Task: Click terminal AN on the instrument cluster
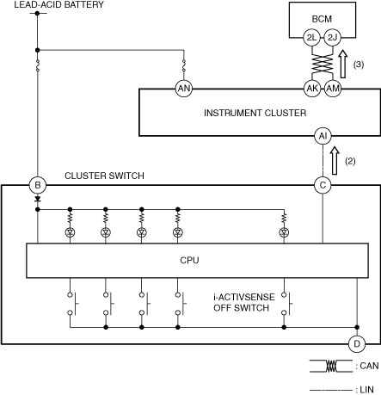pos(184,89)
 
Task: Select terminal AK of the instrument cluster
pos(312,89)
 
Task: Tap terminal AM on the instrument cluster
pos(333,89)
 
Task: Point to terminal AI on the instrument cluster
pos(323,136)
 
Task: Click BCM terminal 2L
pos(311,37)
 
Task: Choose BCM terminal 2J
pos(332,37)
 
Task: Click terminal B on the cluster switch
pos(38,185)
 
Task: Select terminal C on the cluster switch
pos(323,185)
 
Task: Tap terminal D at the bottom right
pos(357,343)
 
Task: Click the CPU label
pos(189,260)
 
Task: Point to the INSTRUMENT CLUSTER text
pos(255,113)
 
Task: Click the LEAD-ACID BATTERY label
pos(58,4)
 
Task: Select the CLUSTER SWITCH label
pos(104,176)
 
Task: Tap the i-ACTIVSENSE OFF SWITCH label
pos(244,302)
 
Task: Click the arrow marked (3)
pos(343,64)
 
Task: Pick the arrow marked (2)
pos(335,160)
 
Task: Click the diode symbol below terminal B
pos(38,199)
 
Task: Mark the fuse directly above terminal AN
pos(184,65)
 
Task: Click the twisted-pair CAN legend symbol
pos(331,366)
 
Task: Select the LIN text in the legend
pos(366,390)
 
